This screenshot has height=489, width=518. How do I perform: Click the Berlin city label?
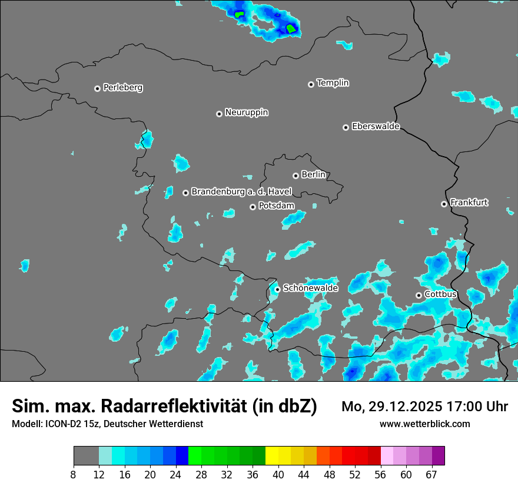(x=313, y=175)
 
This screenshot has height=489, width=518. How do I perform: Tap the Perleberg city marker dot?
(x=98, y=88)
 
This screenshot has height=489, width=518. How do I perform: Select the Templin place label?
(x=333, y=83)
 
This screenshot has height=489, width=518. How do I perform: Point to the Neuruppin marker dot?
(x=219, y=114)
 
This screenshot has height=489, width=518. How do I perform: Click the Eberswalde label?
(x=376, y=127)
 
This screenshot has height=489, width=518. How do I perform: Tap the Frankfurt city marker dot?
(x=444, y=204)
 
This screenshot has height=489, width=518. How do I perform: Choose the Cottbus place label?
(x=440, y=294)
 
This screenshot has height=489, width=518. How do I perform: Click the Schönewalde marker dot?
(x=277, y=289)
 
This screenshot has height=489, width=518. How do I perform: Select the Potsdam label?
(x=277, y=206)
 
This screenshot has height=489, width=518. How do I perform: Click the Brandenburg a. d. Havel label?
(x=241, y=192)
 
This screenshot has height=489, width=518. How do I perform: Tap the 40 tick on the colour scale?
(x=278, y=474)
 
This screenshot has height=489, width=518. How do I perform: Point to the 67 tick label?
(x=432, y=474)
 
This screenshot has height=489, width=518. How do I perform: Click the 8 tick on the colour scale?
(x=74, y=474)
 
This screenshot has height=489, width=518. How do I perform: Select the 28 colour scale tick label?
(x=201, y=474)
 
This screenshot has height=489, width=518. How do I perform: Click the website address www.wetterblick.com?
(x=425, y=424)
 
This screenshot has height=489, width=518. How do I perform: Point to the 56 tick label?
(x=381, y=474)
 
